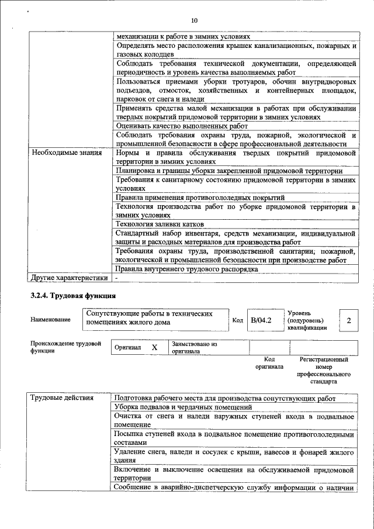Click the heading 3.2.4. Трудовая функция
point(74,296)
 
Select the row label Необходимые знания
point(66,153)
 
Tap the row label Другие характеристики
point(70,278)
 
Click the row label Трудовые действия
point(62,398)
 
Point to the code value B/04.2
point(261,320)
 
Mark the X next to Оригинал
point(155,347)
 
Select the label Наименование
point(51,320)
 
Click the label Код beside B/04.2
point(237,320)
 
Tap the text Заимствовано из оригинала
point(194,348)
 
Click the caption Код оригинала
point(269,363)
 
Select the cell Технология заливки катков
point(160,224)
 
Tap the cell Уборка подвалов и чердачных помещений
point(183,407)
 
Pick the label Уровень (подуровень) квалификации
point(307,320)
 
